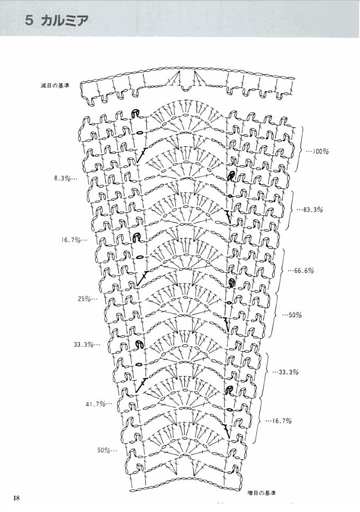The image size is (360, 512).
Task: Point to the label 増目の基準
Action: click(x=262, y=493)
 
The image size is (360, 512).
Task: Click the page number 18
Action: click(x=17, y=497)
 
